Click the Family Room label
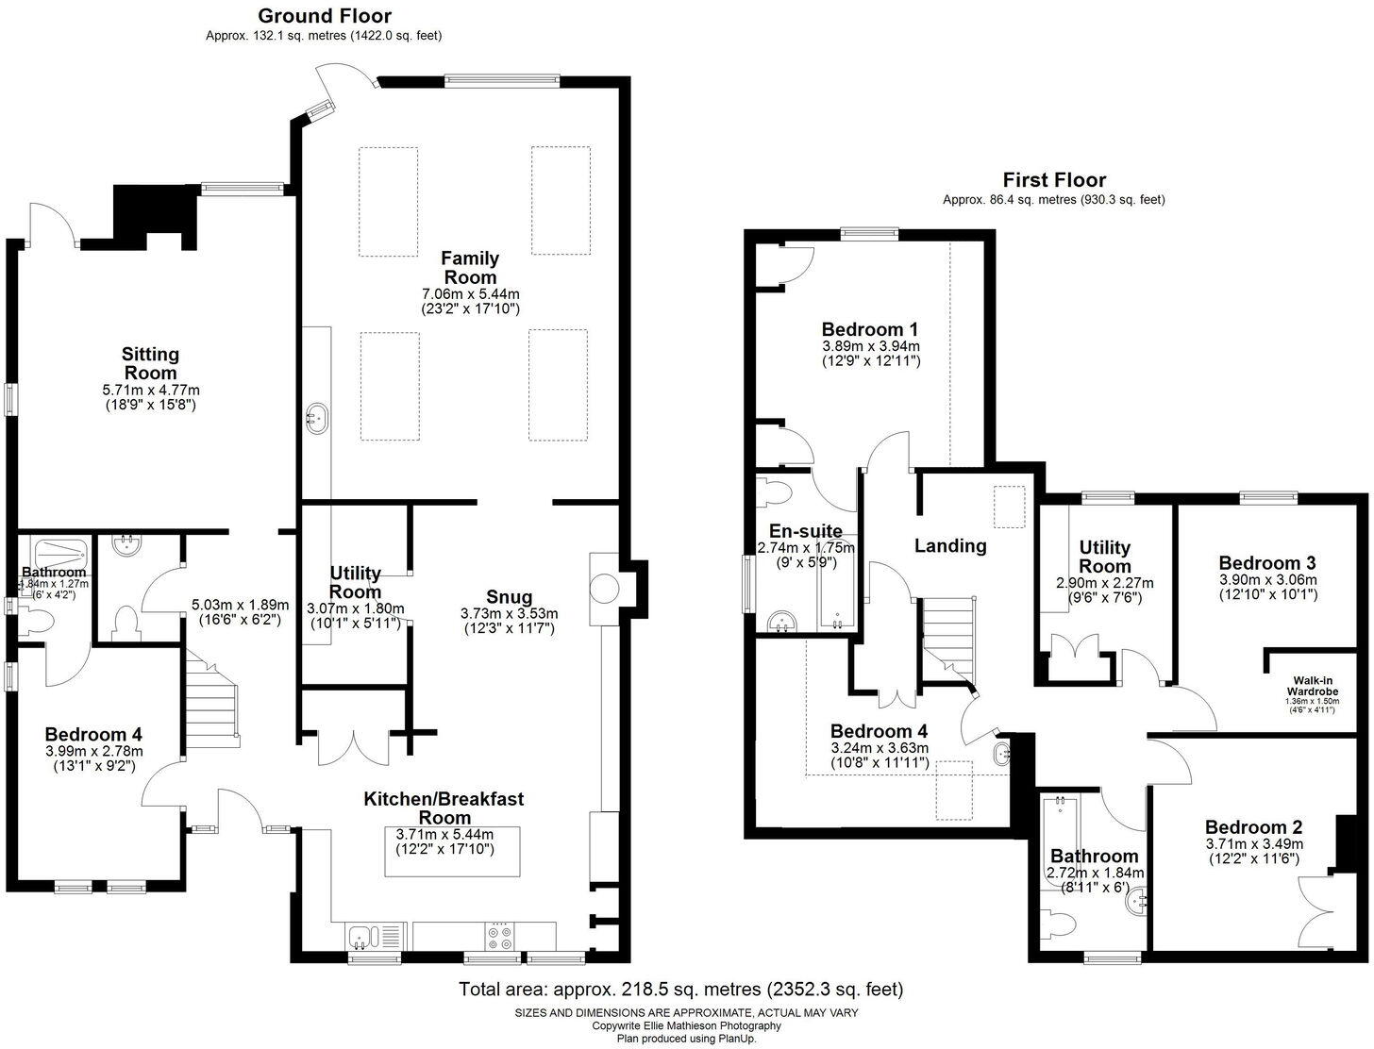pyautogui.click(x=470, y=268)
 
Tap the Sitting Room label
pyautogui.click(x=150, y=363)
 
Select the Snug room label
pyautogui.click(x=509, y=596)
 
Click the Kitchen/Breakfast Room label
pyautogui.click(x=444, y=808)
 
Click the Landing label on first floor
pyautogui.click(x=950, y=545)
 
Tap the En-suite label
pyautogui.click(x=806, y=531)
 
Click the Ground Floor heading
pyautogui.click(x=324, y=16)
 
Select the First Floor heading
pyautogui.click(x=1054, y=180)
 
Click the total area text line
pyautogui.click(x=680, y=990)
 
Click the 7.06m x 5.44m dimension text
pyautogui.click(x=470, y=293)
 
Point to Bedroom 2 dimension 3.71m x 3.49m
pyautogui.click(x=1253, y=843)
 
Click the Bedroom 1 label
pyautogui.click(x=869, y=329)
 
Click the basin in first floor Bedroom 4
pyautogui.click(x=1001, y=754)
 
